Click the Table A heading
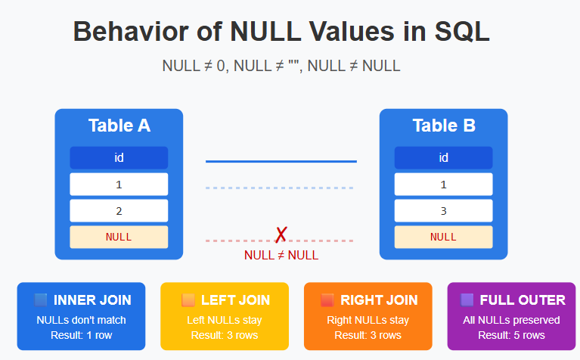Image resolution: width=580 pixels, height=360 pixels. (x=119, y=126)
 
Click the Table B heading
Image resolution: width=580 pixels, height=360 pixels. (x=443, y=126)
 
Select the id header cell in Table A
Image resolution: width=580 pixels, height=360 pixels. (x=119, y=157)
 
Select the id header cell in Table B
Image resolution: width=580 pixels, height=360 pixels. (x=443, y=157)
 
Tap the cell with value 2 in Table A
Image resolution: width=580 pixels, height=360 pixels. (x=119, y=211)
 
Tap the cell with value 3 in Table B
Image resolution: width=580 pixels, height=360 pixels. (x=443, y=211)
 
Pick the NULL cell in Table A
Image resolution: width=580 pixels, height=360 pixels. (x=119, y=237)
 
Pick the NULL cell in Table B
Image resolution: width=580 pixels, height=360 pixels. (x=443, y=237)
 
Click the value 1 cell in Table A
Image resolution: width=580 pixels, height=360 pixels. (x=119, y=185)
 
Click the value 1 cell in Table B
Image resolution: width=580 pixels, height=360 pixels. (x=443, y=185)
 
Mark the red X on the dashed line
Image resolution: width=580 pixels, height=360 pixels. (x=281, y=235)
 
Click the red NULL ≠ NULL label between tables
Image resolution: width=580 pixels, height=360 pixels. (x=281, y=256)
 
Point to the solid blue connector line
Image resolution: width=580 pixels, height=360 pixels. (x=281, y=161)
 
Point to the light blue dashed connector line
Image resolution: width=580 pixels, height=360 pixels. (x=281, y=188)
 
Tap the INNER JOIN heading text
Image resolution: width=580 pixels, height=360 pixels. (x=92, y=300)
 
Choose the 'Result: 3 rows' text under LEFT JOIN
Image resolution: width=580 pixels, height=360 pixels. (x=225, y=335)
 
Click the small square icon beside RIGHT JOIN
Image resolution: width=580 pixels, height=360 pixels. (x=327, y=300)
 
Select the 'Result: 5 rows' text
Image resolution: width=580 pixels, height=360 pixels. (x=511, y=335)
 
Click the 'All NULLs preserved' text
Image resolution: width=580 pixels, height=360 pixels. (x=511, y=320)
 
